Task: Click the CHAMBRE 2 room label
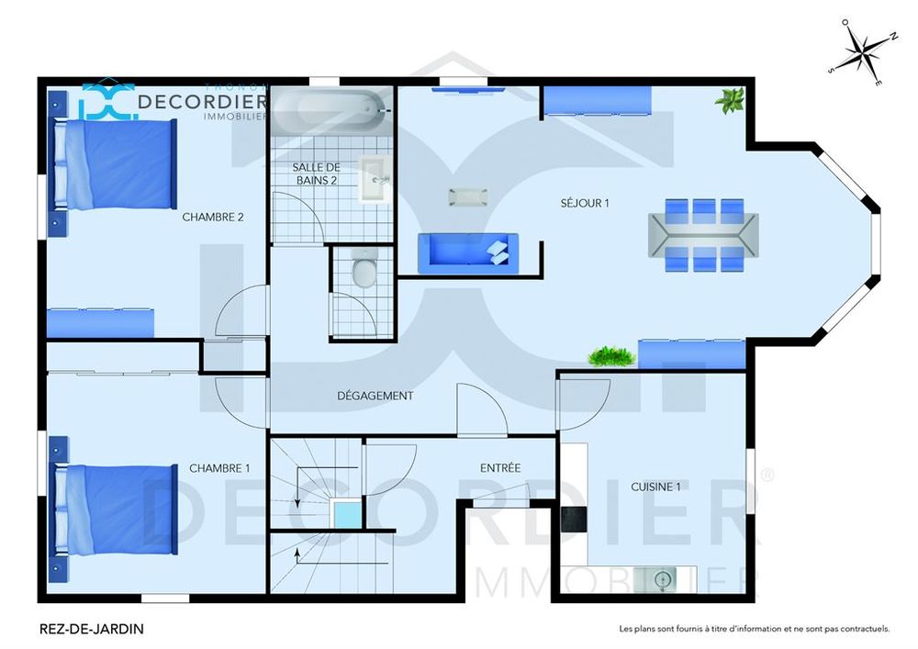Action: [x=213, y=218]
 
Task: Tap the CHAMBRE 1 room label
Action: [x=219, y=468]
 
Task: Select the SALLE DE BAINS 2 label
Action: [x=316, y=173]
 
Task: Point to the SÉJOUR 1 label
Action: [x=584, y=203]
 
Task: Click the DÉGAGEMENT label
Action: [x=375, y=396]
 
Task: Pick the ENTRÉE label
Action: [x=500, y=467]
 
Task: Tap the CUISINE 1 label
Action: [x=655, y=487]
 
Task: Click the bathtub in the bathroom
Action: [x=330, y=110]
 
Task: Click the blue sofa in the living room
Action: [x=468, y=252]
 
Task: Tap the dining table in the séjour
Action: [x=704, y=235]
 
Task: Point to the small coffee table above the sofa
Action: [x=468, y=197]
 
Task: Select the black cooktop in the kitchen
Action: [x=574, y=519]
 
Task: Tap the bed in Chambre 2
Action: [x=116, y=164]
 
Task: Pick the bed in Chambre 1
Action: [x=116, y=509]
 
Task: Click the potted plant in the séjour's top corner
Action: [x=730, y=100]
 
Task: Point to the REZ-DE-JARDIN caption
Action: [x=91, y=629]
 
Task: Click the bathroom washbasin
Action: [x=375, y=178]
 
